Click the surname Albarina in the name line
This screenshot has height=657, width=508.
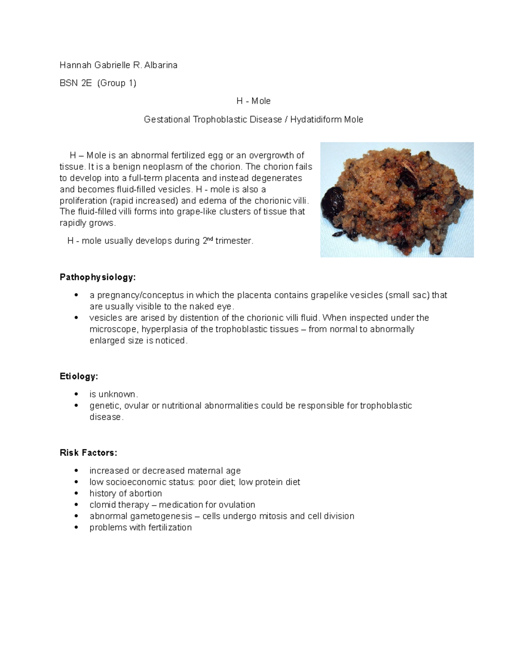point(161,65)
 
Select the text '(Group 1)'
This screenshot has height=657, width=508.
point(116,83)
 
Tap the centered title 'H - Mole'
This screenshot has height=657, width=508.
point(253,101)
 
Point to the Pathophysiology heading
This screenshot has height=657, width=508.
point(98,278)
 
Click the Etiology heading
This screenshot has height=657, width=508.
point(79,377)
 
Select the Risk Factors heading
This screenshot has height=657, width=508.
point(88,453)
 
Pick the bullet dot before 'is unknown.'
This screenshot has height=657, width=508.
point(76,394)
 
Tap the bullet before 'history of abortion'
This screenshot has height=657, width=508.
point(76,494)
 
